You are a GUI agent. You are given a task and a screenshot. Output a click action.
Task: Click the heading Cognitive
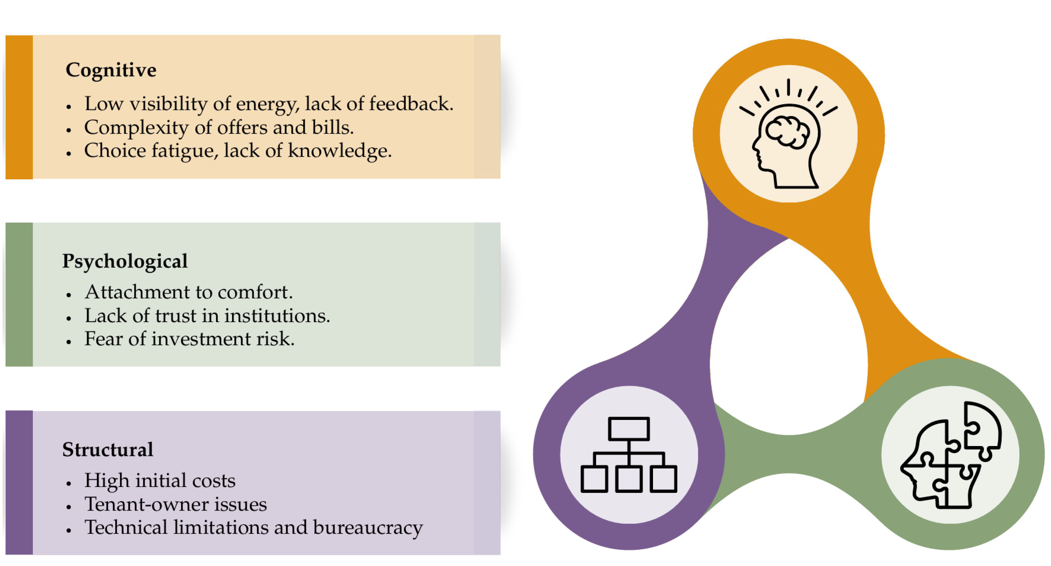(x=111, y=70)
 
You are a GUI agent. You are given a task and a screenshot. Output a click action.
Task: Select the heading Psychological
(x=125, y=261)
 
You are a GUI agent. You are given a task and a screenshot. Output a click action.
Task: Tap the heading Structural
(x=108, y=450)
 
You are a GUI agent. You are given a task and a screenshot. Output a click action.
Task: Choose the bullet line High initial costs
(x=160, y=481)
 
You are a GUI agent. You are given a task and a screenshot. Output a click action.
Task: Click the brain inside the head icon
(x=787, y=131)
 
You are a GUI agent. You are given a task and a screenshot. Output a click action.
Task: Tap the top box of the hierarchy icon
(x=628, y=429)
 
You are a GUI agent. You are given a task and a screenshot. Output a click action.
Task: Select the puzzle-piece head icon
(x=951, y=455)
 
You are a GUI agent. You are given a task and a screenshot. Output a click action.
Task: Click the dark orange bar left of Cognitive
(x=19, y=107)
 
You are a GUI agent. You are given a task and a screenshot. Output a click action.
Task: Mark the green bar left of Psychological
(x=19, y=294)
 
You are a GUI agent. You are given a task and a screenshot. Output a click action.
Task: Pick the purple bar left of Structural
(x=19, y=482)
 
